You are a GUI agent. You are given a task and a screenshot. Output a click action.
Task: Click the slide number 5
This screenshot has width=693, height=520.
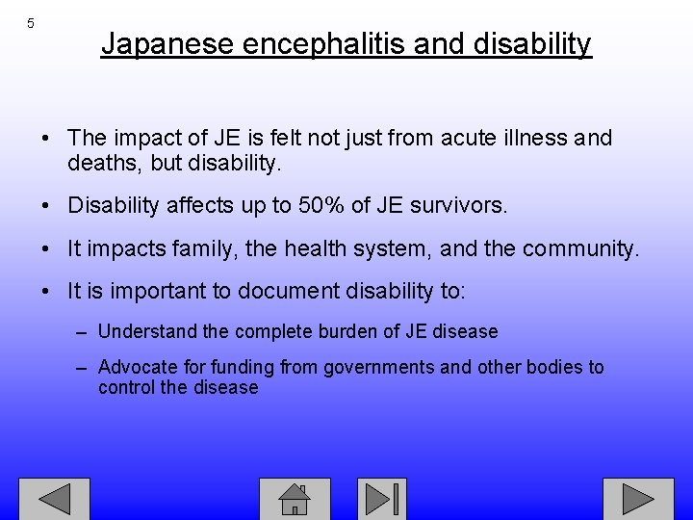pyautogui.click(x=31, y=22)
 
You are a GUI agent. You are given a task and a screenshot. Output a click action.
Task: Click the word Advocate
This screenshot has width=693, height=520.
pyautogui.click(x=136, y=367)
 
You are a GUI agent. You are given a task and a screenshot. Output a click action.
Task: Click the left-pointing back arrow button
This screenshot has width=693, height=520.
pyautogui.click(x=54, y=499)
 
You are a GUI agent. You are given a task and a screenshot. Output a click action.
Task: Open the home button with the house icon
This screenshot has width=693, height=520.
pyautogui.click(x=295, y=499)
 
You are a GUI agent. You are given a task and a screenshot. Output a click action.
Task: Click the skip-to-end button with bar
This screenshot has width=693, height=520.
pyautogui.click(x=382, y=499)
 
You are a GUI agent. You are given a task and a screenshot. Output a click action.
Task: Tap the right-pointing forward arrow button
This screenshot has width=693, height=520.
pyautogui.click(x=638, y=499)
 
